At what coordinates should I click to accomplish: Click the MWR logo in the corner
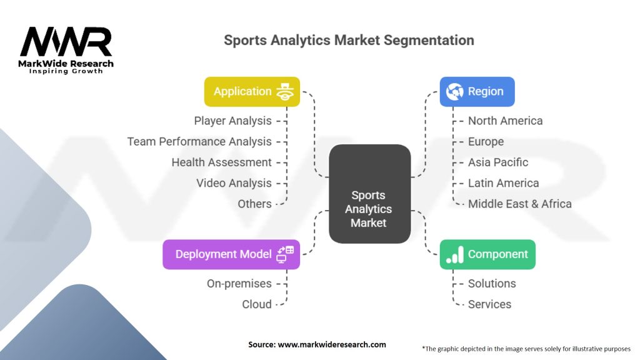tap(66, 50)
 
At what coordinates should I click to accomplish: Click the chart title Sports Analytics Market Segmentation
tap(349, 40)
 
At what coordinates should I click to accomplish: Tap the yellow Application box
tap(252, 91)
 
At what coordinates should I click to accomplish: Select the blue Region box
tap(477, 91)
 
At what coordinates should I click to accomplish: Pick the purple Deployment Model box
tap(231, 254)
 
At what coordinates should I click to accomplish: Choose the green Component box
tap(487, 254)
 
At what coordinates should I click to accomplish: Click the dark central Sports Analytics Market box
tap(370, 194)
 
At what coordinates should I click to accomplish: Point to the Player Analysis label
tap(232, 121)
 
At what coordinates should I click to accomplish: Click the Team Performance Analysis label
tap(199, 142)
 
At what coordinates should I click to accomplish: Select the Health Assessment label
tap(222, 162)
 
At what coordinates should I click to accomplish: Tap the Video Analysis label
tap(234, 183)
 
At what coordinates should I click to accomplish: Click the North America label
tap(505, 121)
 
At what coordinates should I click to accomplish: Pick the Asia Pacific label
tap(498, 162)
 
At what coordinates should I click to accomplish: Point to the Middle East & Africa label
tap(519, 204)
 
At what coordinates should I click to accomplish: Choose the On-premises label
tap(239, 284)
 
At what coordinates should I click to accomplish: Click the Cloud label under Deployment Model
tap(257, 304)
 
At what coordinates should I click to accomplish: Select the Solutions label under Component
tap(492, 284)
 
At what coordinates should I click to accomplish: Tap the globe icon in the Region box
tap(455, 91)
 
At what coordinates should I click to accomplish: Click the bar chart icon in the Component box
tap(455, 254)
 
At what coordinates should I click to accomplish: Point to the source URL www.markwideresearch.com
tap(332, 344)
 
